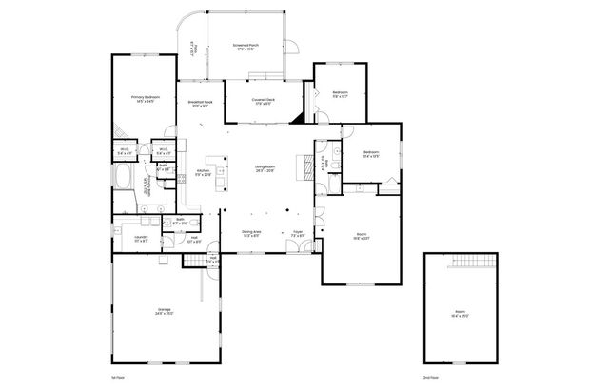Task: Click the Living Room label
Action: tap(265, 170)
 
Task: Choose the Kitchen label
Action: tap(204, 173)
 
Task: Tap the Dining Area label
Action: tap(251, 233)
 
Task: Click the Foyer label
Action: tap(297, 233)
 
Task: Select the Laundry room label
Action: tap(140, 240)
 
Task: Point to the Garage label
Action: tap(164, 312)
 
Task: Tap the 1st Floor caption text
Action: tap(119, 378)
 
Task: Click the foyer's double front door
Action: tap(302, 247)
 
